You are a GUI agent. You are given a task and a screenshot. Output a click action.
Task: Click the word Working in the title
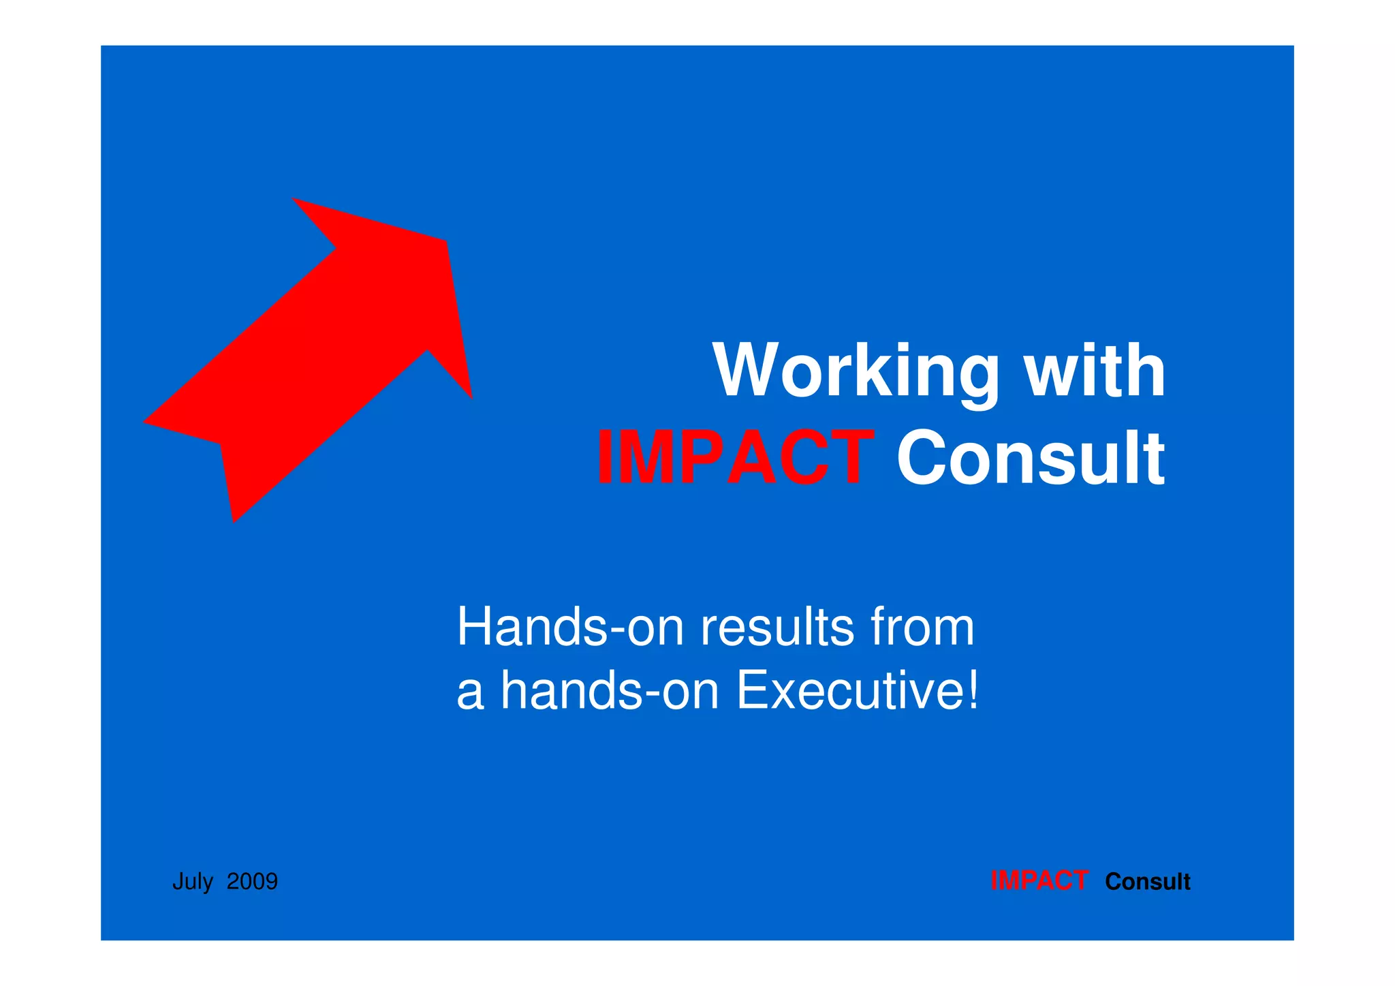[x=855, y=371]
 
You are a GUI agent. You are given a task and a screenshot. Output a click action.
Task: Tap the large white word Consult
[x=1030, y=457]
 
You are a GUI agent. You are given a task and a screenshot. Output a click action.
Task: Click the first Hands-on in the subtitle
[x=569, y=627]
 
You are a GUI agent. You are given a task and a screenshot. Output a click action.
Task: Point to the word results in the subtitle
[x=777, y=627]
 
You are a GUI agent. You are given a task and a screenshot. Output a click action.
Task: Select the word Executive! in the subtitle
[x=858, y=690]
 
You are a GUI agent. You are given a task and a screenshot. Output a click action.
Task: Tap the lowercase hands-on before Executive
[x=610, y=690]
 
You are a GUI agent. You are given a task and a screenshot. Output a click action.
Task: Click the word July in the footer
[x=193, y=881]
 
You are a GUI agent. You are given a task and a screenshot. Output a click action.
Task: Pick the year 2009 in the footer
[x=252, y=881]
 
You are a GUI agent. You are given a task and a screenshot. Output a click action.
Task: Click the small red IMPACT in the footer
[x=1039, y=881]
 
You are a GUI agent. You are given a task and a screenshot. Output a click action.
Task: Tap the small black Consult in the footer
[x=1147, y=881]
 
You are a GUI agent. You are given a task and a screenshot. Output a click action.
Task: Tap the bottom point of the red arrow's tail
[x=234, y=521]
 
